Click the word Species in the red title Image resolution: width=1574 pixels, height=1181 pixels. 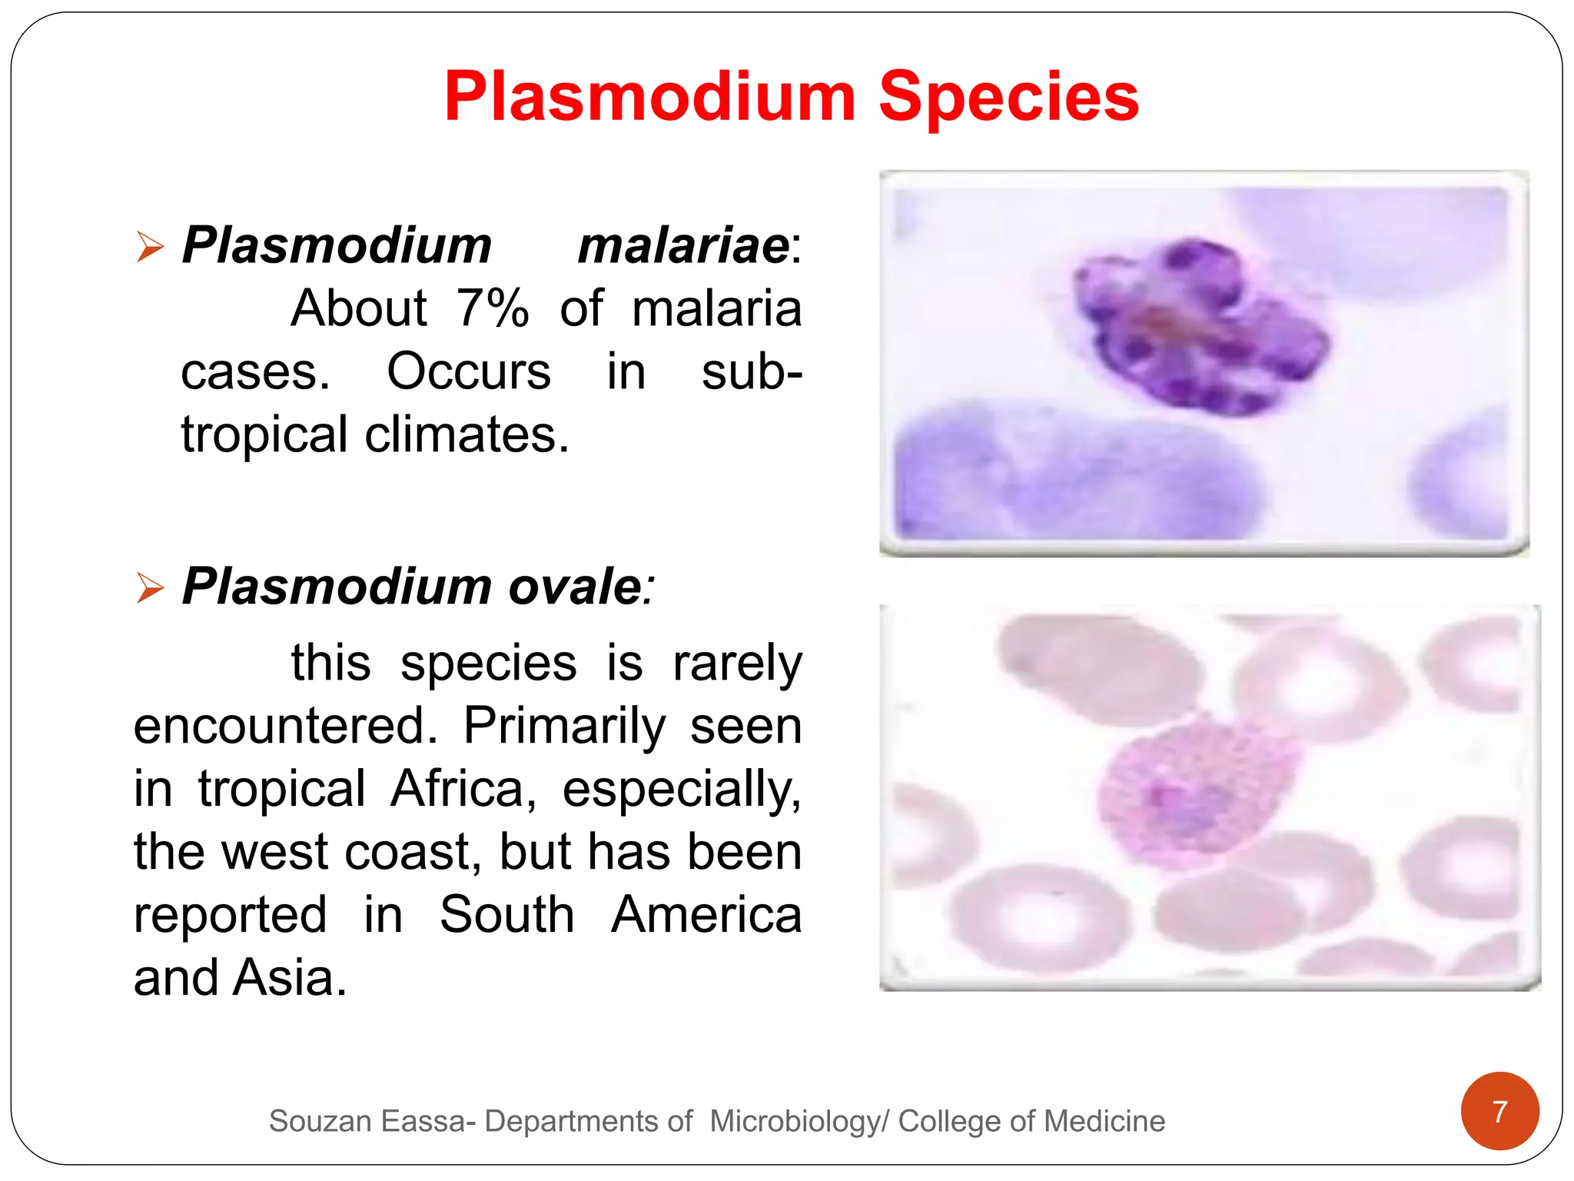point(1008,98)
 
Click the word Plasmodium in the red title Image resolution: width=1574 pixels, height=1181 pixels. point(650,98)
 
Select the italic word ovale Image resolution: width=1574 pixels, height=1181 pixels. point(575,587)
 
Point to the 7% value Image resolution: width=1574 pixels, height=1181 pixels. point(493,309)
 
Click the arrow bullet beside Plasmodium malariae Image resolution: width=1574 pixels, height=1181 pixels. point(150,247)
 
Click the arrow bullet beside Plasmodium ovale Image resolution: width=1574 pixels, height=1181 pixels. point(150,588)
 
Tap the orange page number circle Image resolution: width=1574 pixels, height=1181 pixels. point(1499,1111)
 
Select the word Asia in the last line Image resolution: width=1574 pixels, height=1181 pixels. point(290,978)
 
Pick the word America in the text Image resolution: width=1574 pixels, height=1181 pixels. point(706,915)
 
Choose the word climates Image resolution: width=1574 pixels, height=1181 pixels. point(467,435)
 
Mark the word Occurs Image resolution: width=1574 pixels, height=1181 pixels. point(469,372)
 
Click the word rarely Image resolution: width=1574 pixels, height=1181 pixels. point(737,664)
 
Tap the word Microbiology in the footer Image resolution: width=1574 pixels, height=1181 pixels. point(795,1122)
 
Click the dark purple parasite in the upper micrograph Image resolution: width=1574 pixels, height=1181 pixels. point(1199,327)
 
